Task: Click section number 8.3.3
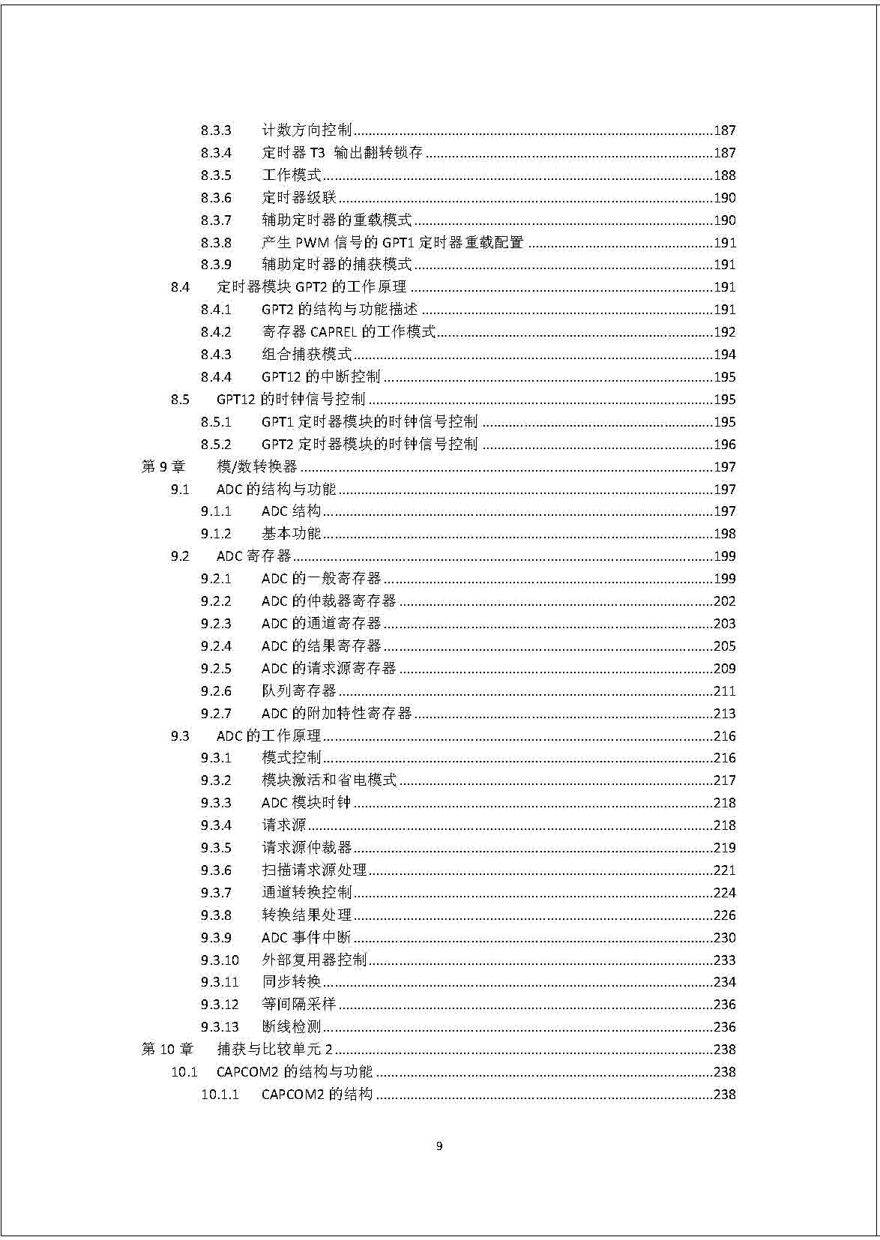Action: (216, 130)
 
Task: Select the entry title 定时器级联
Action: (299, 198)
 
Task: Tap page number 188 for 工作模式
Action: (724, 175)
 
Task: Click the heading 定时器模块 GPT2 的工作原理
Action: (311, 287)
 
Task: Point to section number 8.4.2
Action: (216, 332)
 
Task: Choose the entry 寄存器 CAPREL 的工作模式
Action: (349, 332)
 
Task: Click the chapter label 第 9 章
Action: (163, 467)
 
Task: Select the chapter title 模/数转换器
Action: (257, 467)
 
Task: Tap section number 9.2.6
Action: (216, 691)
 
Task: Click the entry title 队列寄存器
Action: (299, 691)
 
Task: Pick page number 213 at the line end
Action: (724, 714)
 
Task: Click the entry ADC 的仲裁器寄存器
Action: (328, 601)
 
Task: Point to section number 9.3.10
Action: (220, 960)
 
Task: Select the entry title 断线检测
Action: (292, 1027)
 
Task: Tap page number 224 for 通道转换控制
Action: (724, 893)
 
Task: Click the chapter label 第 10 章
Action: (167, 1050)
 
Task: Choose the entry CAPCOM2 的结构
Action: (316, 1095)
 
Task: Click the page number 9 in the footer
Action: (439, 1146)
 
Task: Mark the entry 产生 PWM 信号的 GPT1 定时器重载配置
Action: (392, 243)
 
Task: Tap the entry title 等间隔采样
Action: (299, 1005)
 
